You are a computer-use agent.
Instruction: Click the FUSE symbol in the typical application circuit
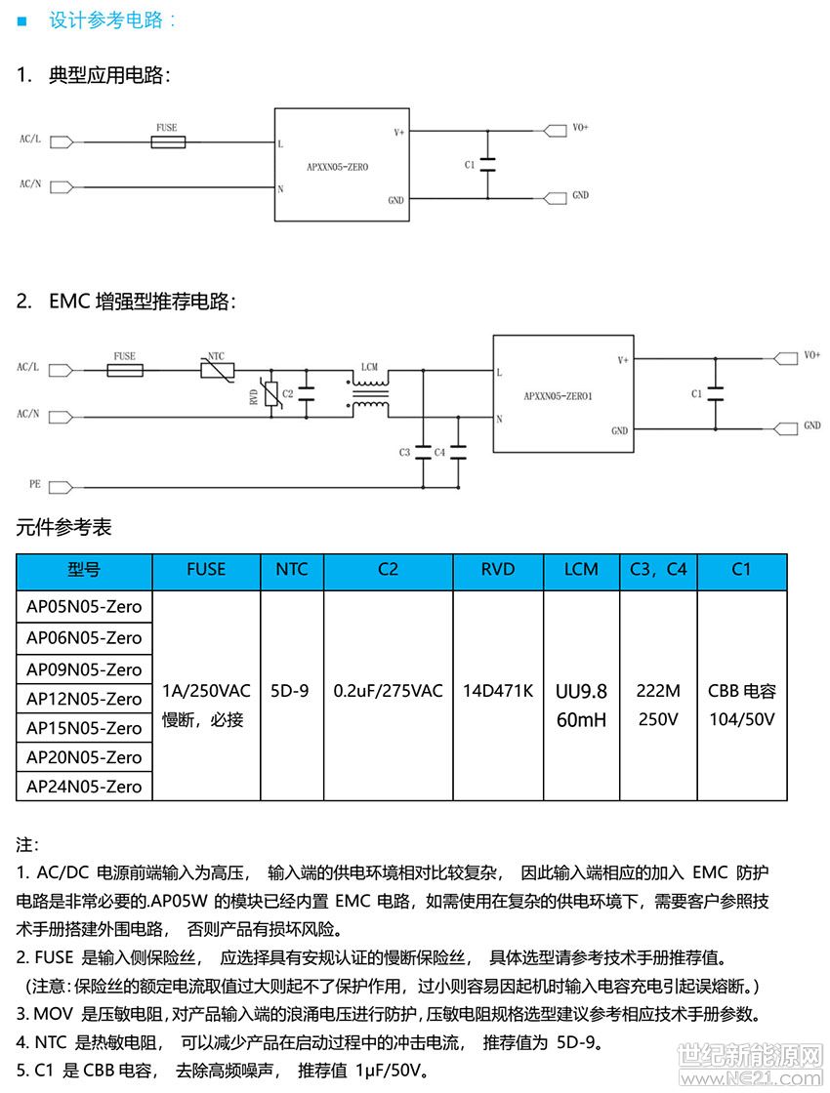click(x=170, y=142)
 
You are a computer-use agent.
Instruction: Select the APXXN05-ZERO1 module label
click(x=559, y=396)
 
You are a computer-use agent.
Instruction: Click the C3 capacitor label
click(x=404, y=452)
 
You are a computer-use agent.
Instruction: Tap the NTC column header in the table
click(x=292, y=570)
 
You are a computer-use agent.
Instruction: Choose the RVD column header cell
click(x=497, y=570)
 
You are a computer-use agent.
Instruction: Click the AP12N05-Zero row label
click(x=84, y=699)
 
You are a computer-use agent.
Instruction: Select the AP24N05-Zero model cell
click(x=84, y=787)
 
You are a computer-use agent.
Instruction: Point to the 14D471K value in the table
click(x=497, y=691)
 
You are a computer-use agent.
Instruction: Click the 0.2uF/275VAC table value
click(x=388, y=691)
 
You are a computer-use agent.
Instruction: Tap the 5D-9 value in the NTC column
click(x=292, y=691)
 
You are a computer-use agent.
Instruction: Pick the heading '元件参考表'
click(x=64, y=528)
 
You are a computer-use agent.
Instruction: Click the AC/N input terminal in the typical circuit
click(x=61, y=186)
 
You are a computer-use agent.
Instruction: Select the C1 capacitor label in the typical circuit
click(x=470, y=165)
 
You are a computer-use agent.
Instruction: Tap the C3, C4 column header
click(x=658, y=570)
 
